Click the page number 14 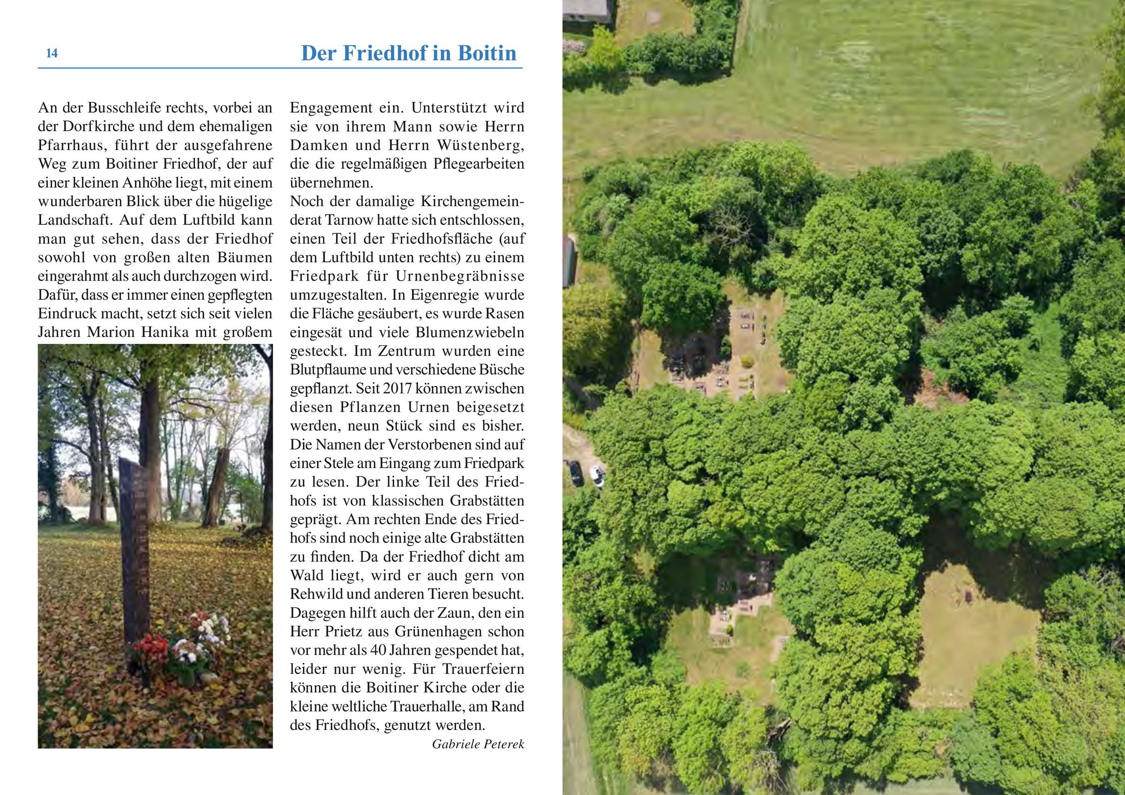[x=52, y=53]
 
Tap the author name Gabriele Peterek [x=478, y=744]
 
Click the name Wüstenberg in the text [x=480, y=146]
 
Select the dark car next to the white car [x=575, y=473]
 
